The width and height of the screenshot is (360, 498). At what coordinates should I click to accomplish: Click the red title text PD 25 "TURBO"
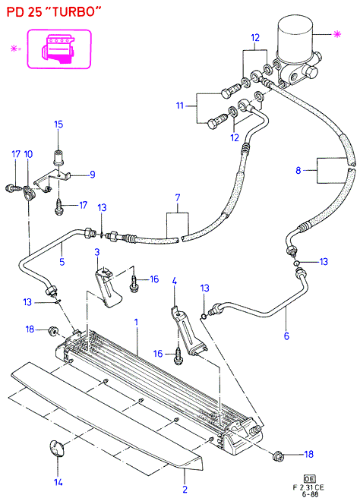tap(53, 12)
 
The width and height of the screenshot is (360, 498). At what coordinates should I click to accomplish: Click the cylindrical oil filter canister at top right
tap(295, 36)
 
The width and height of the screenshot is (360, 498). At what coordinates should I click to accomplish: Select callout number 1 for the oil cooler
tap(136, 322)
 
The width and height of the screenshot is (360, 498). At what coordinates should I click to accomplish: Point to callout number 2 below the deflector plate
tap(185, 489)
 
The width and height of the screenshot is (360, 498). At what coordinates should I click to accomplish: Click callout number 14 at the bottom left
tap(58, 483)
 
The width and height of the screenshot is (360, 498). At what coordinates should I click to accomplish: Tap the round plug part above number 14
tap(57, 448)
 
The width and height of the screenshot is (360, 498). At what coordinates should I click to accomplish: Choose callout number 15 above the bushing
tap(58, 124)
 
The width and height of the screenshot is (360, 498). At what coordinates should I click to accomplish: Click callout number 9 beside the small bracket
tap(93, 175)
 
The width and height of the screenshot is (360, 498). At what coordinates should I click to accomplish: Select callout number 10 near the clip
tap(28, 154)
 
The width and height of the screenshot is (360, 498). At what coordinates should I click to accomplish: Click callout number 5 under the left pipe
tap(62, 262)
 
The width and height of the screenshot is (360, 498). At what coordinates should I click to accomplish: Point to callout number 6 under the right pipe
tap(286, 336)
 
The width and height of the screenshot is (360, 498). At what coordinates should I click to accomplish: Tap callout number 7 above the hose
tap(178, 198)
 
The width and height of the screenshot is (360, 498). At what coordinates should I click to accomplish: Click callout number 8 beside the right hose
tap(298, 171)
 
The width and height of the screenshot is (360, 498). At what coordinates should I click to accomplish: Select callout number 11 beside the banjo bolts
tap(180, 106)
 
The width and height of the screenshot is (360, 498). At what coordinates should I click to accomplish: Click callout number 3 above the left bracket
tap(97, 252)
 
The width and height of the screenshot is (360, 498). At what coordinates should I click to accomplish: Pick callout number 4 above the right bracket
tap(175, 281)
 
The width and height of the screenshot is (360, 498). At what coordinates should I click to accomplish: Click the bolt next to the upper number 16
tap(134, 284)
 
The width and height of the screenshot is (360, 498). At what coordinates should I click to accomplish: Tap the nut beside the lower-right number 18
tap(278, 456)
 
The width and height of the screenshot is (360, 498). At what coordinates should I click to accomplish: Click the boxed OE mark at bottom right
tap(309, 478)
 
